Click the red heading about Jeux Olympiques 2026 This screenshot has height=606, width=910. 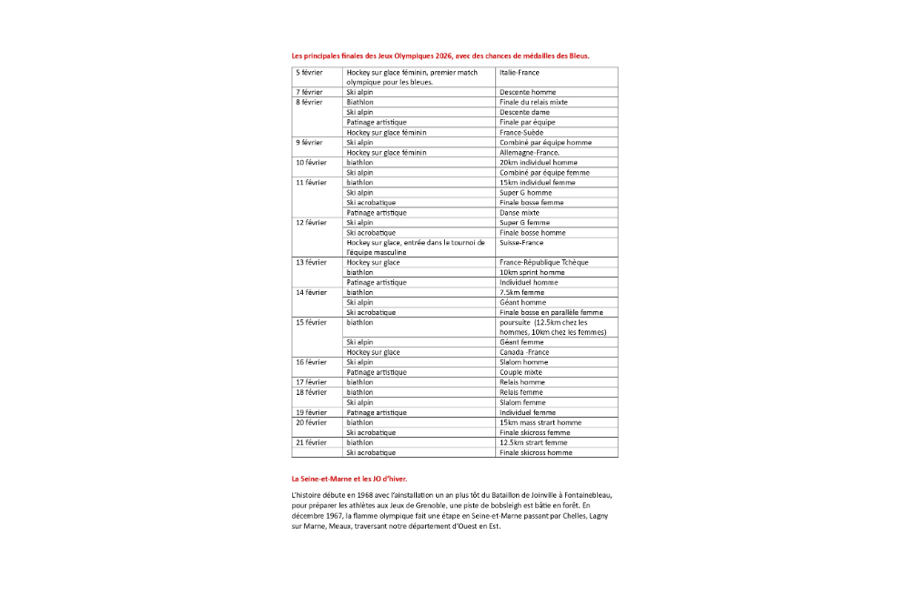click(440, 56)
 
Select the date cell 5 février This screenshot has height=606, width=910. click(309, 72)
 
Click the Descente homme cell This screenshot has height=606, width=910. click(528, 92)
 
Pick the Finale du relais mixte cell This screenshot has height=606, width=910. click(533, 102)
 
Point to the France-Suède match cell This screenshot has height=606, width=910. click(522, 132)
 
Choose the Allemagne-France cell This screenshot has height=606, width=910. click(529, 152)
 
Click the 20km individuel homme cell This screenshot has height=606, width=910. click(538, 162)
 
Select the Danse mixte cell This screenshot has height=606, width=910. click(520, 212)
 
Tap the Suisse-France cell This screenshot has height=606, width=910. click(521, 242)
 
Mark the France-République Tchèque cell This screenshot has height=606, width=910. click(544, 262)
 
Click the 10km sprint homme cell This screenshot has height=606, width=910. click(532, 272)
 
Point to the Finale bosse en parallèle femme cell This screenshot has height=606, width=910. click(551, 312)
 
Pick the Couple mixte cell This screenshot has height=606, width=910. click(521, 372)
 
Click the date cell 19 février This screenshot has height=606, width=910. click(311, 412)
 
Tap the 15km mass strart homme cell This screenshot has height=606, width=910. click(541, 422)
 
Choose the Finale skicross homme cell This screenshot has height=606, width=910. click(536, 452)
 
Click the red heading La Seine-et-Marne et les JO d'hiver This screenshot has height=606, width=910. click(349, 479)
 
